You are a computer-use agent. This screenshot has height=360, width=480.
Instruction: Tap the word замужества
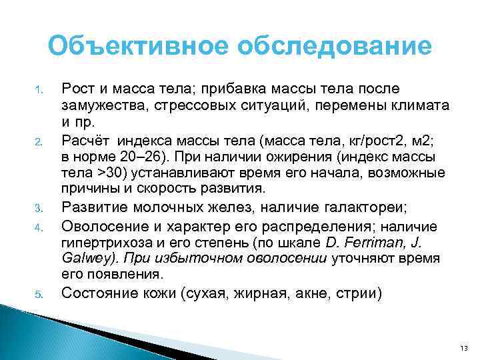(x=104, y=106)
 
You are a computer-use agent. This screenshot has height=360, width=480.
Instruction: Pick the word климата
(x=421, y=106)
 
